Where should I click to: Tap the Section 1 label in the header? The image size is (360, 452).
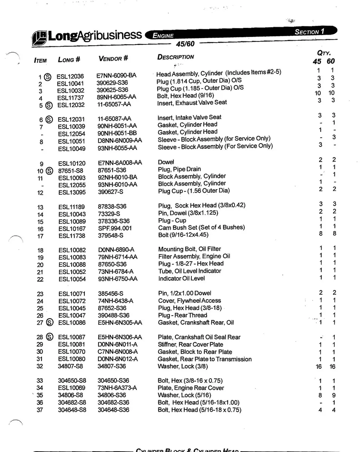[x=309, y=32]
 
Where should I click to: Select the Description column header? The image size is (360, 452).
[x=176, y=57]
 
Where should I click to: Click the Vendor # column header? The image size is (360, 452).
[x=113, y=58]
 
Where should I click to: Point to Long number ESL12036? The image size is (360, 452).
[x=70, y=76]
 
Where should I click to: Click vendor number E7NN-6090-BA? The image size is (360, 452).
[x=116, y=75]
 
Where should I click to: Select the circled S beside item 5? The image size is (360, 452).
[x=48, y=105]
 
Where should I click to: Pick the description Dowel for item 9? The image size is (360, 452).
[x=166, y=162]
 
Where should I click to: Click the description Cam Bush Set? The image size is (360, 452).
[x=201, y=228]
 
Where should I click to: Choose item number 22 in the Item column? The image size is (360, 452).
[x=40, y=279]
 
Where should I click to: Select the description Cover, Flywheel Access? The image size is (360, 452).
[x=190, y=301]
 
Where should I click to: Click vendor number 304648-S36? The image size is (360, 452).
[x=113, y=410]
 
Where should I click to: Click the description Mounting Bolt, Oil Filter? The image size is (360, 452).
[x=190, y=249]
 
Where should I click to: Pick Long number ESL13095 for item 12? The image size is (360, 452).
[x=72, y=192]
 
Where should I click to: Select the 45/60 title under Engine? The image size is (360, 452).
[x=185, y=44]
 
